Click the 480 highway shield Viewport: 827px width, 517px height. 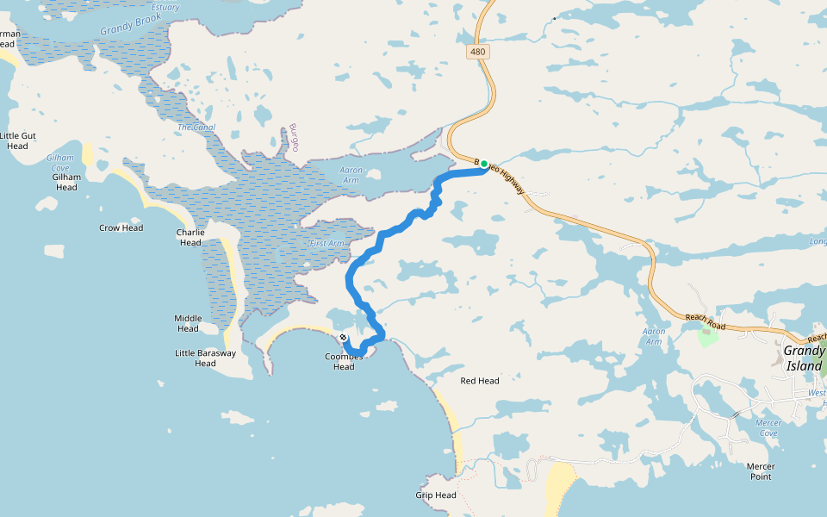(478, 52)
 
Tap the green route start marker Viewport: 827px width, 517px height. (484, 164)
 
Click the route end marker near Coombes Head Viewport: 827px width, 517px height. (344, 337)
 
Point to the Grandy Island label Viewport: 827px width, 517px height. (803, 358)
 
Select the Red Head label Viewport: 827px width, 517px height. (480, 381)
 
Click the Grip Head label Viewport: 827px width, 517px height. (436, 495)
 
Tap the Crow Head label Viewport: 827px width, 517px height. (121, 228)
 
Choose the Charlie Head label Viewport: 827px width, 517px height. (190, 238)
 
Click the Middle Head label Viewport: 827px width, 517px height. (188, 323)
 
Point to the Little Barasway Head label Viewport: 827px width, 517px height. (205, 358)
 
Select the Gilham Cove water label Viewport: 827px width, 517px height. (59, 163)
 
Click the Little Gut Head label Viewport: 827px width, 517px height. (18, 140)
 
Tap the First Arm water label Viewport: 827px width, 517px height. (326, 244)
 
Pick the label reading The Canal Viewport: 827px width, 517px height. (196, 128)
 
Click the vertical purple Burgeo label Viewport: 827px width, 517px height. (294, 137)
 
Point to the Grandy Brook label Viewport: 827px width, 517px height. (131, 23)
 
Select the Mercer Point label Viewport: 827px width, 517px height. (760, 471)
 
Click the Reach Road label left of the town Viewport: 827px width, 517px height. (706, 322)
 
